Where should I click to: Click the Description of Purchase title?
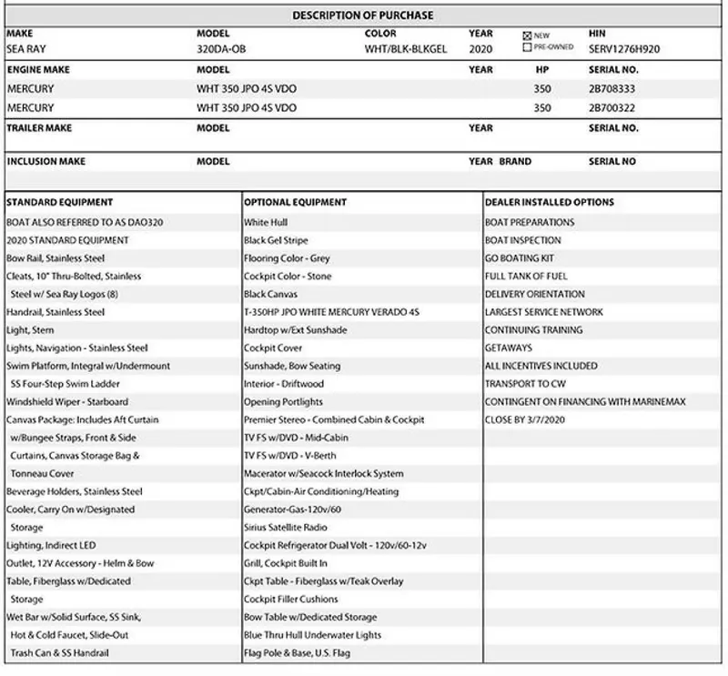[362, 15]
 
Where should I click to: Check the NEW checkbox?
[527, 35]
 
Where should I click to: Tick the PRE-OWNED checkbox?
[527, 46]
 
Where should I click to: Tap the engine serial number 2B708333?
[612, 89]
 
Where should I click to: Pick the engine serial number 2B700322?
[612, 107]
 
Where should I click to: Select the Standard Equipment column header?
[59, 202]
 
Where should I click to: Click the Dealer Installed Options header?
[549, 202]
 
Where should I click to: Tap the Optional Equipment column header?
[295, 202]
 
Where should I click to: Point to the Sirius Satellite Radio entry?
[286, 528]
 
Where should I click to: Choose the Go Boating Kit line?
[519, 258]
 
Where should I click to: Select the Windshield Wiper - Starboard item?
[67, 401]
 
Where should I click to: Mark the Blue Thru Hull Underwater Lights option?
[312, 635]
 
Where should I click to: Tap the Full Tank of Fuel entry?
[526, 276]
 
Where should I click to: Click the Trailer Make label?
[39, 128]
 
